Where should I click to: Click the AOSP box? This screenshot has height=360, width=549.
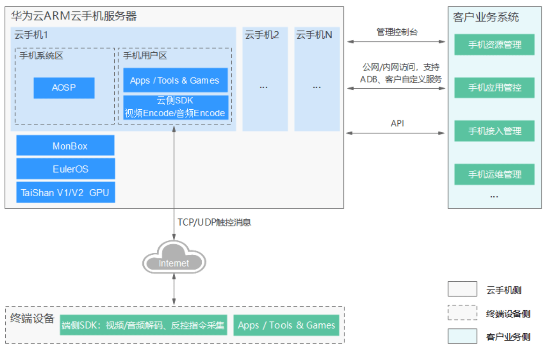pos(64,88)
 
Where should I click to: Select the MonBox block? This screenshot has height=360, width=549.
pos(66,145)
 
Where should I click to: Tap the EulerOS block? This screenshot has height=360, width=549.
pos(66,169)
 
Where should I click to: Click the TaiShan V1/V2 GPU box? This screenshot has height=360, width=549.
pos(66,193)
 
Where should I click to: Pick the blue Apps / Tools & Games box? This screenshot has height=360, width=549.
pos(175,80)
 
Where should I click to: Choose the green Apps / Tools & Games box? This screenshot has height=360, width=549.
pos(286,325)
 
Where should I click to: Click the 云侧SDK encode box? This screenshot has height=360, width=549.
pos(176,107)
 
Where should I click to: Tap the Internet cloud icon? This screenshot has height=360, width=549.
pos(174,257)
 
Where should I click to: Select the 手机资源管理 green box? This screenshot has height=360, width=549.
pos(494,45)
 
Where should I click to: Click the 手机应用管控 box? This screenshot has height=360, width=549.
pos(494,88)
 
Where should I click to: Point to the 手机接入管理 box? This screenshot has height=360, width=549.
pos(494,131)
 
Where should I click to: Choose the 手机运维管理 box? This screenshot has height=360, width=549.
pos(494,174)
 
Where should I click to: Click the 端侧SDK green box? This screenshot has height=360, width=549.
pos(144,325)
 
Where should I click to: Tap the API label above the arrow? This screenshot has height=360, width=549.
pos(397,123)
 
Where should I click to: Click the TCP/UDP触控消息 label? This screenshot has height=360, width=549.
pos(214,222)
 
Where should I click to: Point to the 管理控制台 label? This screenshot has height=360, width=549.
pos(397,32)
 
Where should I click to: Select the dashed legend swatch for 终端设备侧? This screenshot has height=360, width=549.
pos(462,313)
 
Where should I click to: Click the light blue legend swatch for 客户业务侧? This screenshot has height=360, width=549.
pos(462,336)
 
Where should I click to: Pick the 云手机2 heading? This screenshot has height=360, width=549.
pos(262,35)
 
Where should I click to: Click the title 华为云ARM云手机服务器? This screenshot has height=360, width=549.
pos(73,16)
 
